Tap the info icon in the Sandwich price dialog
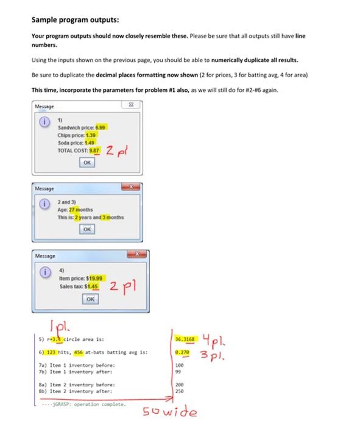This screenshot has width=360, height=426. click(44, 122)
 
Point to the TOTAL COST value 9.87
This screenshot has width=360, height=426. click(95, 148)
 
